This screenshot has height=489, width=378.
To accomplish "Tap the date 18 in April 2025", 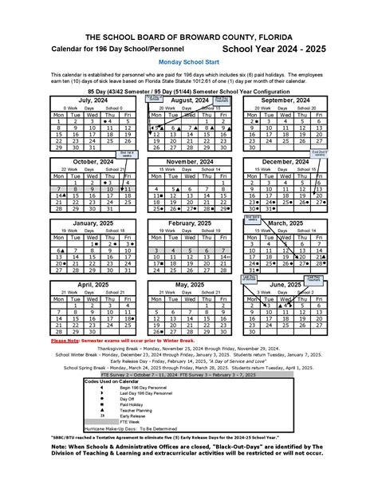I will click(131, 318).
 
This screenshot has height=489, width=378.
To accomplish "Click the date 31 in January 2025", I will click(131, 270).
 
